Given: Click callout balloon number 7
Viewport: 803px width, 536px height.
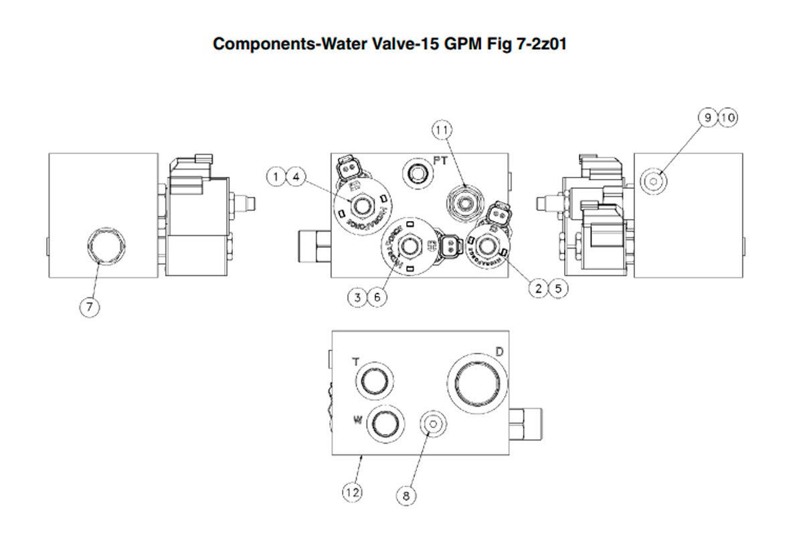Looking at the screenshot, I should [89, 307].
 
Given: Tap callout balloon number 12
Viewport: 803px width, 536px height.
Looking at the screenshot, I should [352, 493].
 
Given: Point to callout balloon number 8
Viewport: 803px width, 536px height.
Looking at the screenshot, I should [406, 496].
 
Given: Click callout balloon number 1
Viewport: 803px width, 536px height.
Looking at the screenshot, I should [276, 177].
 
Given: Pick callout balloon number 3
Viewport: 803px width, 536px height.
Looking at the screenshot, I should [358, 296].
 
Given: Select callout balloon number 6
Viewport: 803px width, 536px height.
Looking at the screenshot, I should [378, 296].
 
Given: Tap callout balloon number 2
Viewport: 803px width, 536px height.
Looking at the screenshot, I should [538, 288].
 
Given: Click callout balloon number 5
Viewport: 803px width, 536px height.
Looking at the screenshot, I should [558, 288].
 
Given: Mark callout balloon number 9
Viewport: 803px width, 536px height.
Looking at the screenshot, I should [707, 118].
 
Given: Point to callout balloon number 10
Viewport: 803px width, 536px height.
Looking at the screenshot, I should [727, 118].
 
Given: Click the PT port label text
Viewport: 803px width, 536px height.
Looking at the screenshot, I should [441, 161].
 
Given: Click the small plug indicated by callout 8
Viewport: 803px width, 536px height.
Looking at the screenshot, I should [432, 424].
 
